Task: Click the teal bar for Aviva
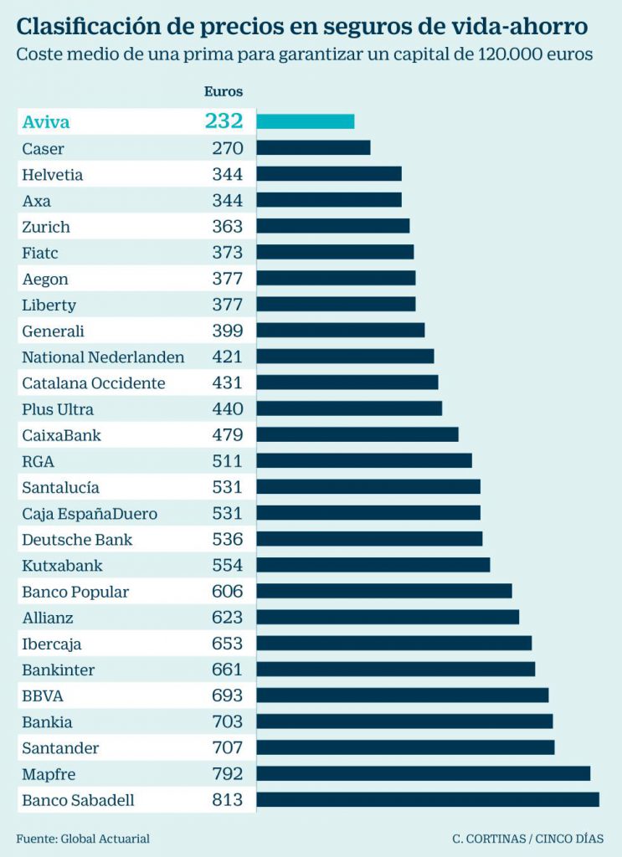(x=305, y=121)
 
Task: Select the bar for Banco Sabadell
(x=427, y=799)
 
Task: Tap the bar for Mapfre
(x=423, y=773)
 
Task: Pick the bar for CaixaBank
(x=357, y=434)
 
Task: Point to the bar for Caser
(x=313, y=148)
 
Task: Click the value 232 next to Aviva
(x=224, y=121)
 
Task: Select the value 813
(x=227, y=799)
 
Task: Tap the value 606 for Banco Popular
(x=227, y=591)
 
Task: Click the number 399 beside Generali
(x=227, y=331)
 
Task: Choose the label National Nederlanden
(x=103, y=357)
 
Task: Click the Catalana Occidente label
(x=94, y=382)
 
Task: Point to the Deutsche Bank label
(x=77, y=539)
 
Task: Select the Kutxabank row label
(x=62, y=565)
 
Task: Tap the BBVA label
(x=43, y=695)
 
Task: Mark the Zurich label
(x=46, y=227)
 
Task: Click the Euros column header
(x=224, y=92)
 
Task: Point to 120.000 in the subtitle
(x=510, y=55)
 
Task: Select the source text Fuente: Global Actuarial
(x=83, y=838)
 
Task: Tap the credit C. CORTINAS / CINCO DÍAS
(x=527, y=838)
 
